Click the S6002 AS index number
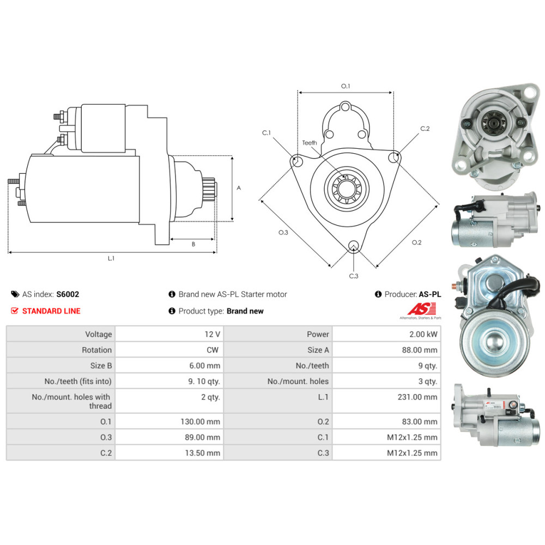[x=68, y=294]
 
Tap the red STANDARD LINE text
[x=51, y=311]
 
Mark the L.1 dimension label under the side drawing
[x=111, y=258]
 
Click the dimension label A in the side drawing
[x=239, y=187]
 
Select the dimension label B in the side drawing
[x=193, y=244]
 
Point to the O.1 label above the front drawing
[x=345, y=86]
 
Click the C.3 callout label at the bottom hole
[x=353, y=276]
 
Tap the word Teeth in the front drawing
[x=310, y=143]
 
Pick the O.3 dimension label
[x=283, y=233]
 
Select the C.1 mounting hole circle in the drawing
[x=297, y=161]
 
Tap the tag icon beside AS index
[x=15, y=294]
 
